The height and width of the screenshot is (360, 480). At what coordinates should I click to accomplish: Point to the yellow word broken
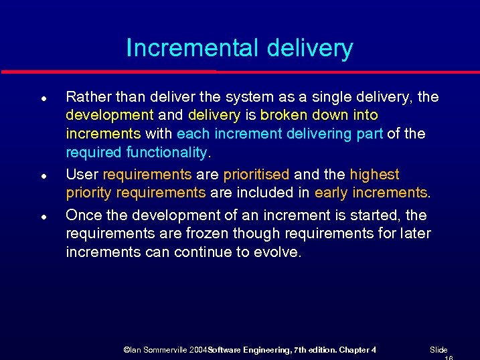pyautogui.click(x=284, y=115)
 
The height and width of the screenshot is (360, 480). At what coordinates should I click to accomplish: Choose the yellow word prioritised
pyautogui.click(x=256, y=175)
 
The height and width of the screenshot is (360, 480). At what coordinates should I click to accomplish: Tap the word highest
pyautogui.click(x=374, y=175)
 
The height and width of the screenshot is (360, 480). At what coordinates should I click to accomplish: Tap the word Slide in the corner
pyautogui.click(x=438, y=350)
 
